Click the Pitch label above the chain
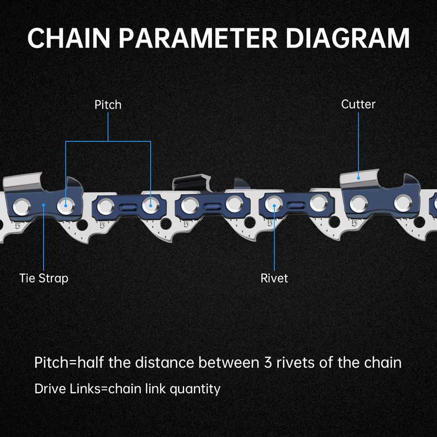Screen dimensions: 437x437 [108, 104]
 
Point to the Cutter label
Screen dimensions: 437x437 [358, 104]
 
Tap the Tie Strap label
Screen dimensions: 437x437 [44, 278]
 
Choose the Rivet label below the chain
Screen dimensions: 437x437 [274, 278]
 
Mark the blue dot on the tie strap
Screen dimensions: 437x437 [44, 205]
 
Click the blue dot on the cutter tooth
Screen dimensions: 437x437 [358, 176]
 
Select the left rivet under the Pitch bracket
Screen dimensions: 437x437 [66, 205]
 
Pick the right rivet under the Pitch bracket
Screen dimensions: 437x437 [150, 205]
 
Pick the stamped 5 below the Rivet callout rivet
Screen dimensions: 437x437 [270, 223]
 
